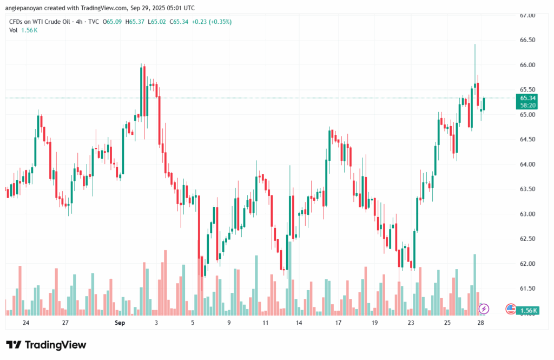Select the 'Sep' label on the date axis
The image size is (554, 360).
pyautogui.click(x=120, y=323)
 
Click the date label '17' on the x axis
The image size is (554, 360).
pyautogui.click(x=338, y=323)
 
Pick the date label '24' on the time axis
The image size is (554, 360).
pyautogui.click(x=26, y=323)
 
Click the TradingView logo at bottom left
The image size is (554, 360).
pyautogui.click(x=46, y=345)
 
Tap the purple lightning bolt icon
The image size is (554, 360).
pyautogui.click(x=484, y=309)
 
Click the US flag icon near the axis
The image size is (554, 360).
pyautogui.click(x=510, y=309)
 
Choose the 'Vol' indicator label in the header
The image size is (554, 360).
pyautogui.click(x=14, y=30)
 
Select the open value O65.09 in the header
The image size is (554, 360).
pyautogui.click(x=113, y=21)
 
